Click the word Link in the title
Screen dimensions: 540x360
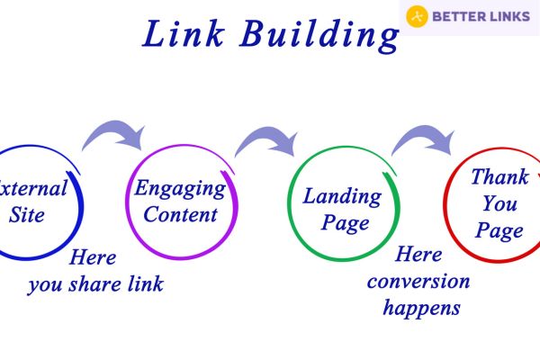click(x=184, y=33)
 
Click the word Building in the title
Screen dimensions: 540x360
click(x=319, y=36)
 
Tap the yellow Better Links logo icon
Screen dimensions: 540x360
click(x=417, y=16)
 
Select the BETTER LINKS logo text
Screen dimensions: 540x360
click(x=481, y=16)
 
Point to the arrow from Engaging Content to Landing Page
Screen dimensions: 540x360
click(x=266, y=137)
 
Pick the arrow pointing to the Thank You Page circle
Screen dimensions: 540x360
click(x=424, y=135)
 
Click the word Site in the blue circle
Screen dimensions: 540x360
click(x=26, y=215)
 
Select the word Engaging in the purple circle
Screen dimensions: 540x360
click(x=180, y=189)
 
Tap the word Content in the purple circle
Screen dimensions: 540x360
click(x=180, y=214)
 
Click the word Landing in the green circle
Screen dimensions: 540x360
click(x=342, y=197)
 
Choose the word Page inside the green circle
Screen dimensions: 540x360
click(x=345, y=223)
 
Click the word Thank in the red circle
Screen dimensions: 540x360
click(x=499, y=177)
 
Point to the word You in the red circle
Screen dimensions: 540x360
click(x=499, y=203)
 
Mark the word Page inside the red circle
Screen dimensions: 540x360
click(x=499, y=230)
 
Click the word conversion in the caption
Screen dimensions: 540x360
click(x=418, y=281)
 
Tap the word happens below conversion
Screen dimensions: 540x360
click(x=421, y=308)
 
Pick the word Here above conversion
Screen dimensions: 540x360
click(x=418, y=255)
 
